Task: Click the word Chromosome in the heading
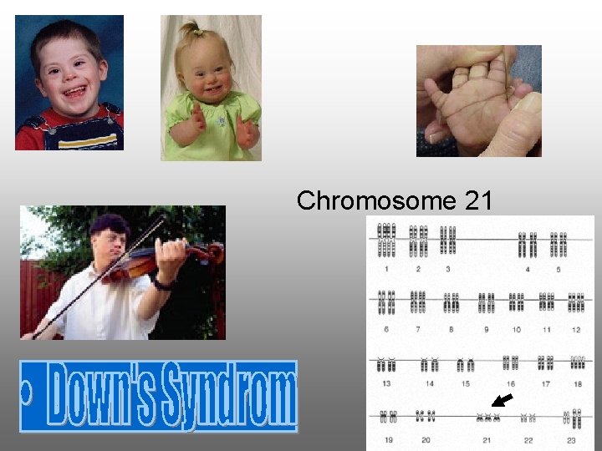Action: tap(365, 201)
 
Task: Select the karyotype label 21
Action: tap(486, 439)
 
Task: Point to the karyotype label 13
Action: tap(385, 383)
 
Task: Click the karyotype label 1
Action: tap(386, 269)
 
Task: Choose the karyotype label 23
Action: tap(571, 439)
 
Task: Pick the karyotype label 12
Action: tap(576, 329)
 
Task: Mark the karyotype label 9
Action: tap(486, 329)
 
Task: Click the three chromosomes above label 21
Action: tap(486, 417)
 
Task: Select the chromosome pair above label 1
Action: tap(386, 241)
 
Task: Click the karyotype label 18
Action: tap(577, 383)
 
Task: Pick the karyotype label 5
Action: tap(558, 269)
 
